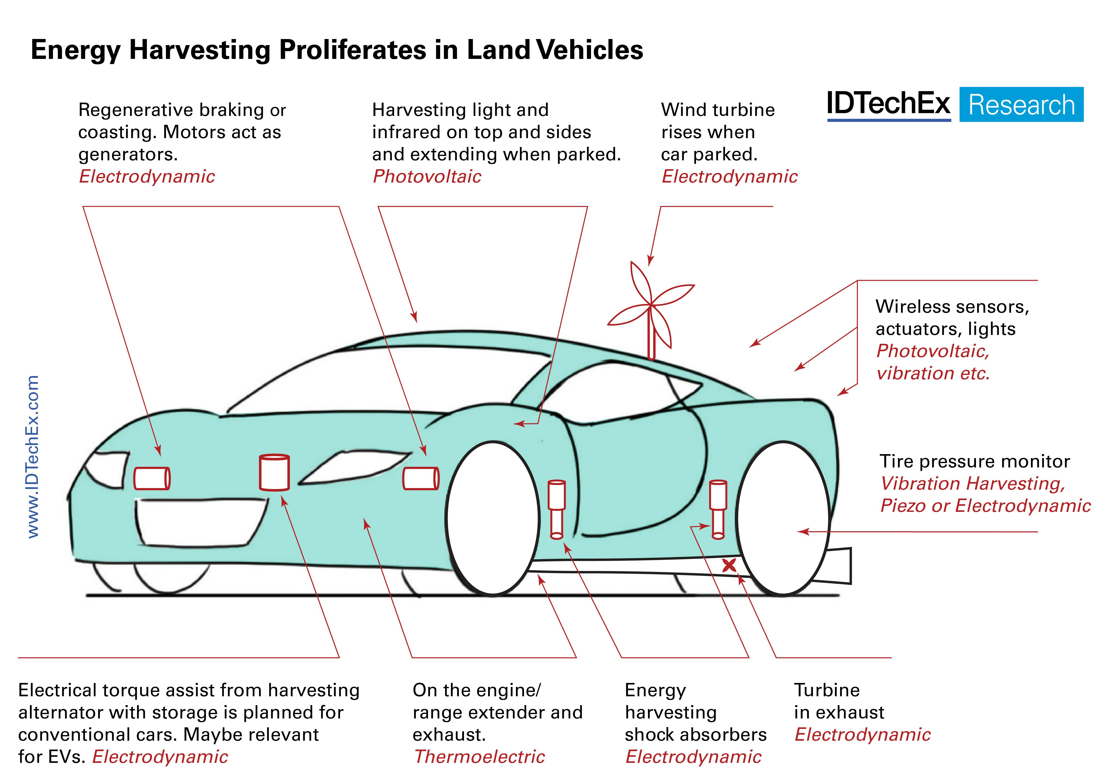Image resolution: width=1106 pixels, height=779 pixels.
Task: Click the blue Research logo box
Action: click(1021, 104)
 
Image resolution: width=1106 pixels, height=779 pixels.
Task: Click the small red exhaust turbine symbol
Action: click(729, 565)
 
